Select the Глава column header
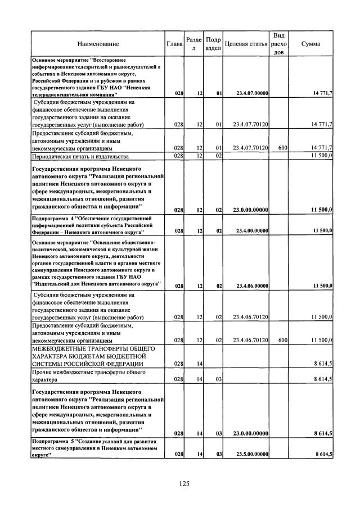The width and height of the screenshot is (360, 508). [x=175, y=44]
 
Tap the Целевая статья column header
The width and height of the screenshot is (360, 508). [x=246, y=44]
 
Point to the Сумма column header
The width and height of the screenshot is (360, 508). [x=311, y=44]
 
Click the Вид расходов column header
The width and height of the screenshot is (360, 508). [x=278, y=44]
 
